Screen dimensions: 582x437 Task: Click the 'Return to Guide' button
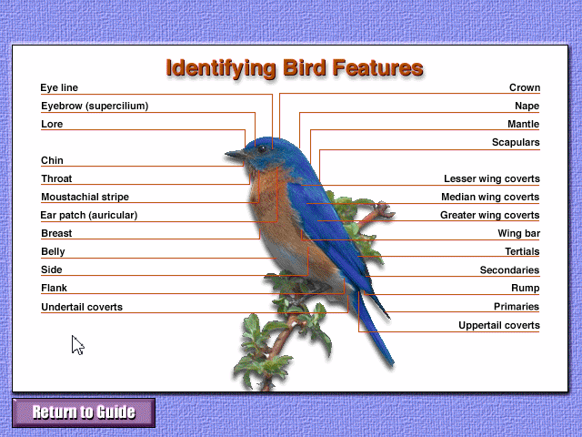pos(84,412)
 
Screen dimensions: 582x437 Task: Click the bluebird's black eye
pos(262,149)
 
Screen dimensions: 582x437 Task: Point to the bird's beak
pos(236,154)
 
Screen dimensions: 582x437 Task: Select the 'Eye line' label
pos(59,87)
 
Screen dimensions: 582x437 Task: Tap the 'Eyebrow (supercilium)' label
pos(95,106)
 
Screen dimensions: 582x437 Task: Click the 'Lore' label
pos(52,124)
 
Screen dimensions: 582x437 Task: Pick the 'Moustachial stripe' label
pos(85,197)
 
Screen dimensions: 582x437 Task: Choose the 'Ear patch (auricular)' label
pos(89,215)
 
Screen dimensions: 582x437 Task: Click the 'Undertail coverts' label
pos(82,307)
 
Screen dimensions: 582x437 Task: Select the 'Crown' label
pos(525,87)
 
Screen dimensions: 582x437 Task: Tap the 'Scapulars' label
pos(516,142)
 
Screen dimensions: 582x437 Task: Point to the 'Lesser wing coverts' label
pos(492,178)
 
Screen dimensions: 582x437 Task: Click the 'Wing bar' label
pos(519,233)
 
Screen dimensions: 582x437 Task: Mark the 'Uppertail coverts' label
pos(499,325)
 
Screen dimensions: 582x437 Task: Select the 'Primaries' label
pos(517,307)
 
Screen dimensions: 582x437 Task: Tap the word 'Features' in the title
pos(377,67)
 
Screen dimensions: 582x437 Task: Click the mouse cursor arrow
pos(77,345)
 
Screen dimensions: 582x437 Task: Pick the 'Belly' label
pos(53,251)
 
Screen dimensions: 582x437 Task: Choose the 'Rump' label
pos(526,288)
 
